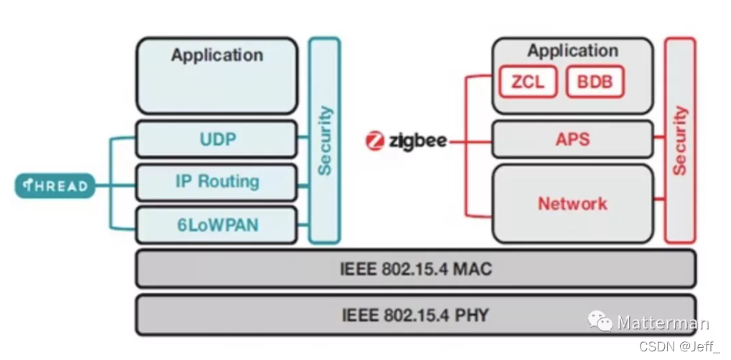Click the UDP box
click(216, 139)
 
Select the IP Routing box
click(216, 182)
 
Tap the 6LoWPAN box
click(216, 225)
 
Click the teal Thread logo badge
click(55, 186)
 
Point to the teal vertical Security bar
click(324, 140)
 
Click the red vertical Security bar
click(679, 140)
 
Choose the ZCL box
click(528, 82)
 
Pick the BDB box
click(595, 82)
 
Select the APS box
click(572, 139)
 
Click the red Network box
click(572, 203)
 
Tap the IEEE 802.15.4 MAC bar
click(415, 269)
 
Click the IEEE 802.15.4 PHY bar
click(415, 314)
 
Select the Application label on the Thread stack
click(216, 55)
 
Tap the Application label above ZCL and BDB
click(572, 51)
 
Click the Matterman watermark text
click(663, 323)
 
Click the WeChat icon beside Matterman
click(600, 322)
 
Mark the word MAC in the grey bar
click(475, 269)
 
